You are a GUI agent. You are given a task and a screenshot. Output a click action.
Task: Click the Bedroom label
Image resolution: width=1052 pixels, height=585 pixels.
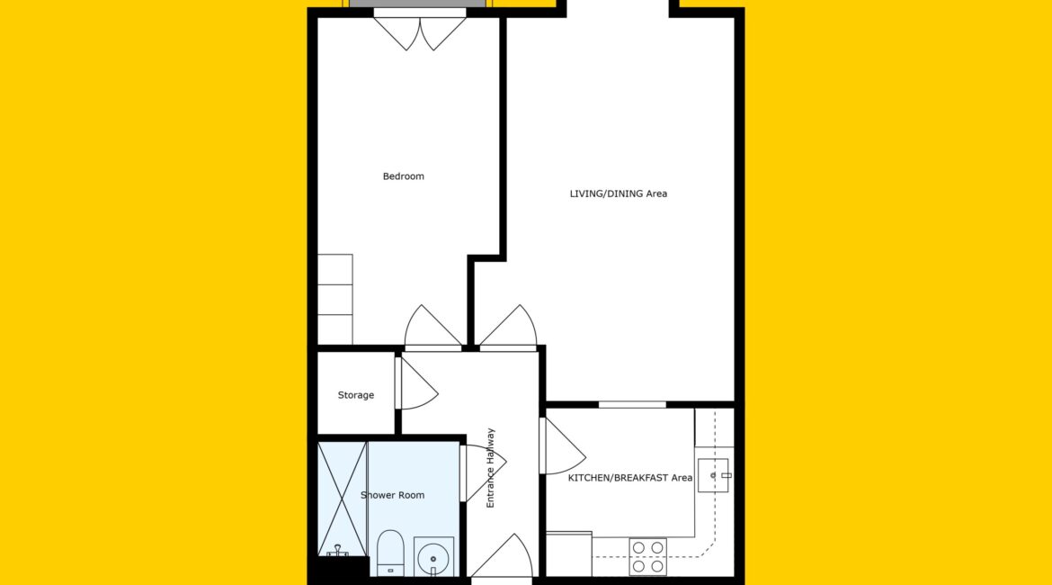pos(403,176)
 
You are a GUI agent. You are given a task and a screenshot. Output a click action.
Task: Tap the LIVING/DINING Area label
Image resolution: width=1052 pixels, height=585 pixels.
pos(618,194)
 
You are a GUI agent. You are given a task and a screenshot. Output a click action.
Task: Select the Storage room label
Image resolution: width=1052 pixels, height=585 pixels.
pos(355,396)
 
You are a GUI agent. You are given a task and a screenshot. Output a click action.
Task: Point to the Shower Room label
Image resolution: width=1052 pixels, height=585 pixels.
pos(393,495)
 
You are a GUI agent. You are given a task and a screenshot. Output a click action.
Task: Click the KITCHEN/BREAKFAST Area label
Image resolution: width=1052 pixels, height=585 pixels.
pos(630,478)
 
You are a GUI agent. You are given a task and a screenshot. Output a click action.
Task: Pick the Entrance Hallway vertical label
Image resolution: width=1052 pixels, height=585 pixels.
pos(490,467)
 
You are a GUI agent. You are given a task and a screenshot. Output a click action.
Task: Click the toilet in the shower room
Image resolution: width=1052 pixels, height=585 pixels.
pos(390,553)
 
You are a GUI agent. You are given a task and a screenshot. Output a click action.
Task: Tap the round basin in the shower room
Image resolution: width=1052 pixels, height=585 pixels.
pos(433,557)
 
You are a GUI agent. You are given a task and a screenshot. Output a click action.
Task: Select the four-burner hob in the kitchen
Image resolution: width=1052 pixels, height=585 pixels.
pos(647,557)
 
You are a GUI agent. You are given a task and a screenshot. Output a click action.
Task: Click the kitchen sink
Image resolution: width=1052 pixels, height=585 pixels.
pos(713,475)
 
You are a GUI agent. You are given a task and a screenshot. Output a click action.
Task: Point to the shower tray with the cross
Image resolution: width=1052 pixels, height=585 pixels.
pos(343,498)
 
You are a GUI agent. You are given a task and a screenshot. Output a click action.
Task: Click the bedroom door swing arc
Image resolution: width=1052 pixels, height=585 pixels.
pos(432,328)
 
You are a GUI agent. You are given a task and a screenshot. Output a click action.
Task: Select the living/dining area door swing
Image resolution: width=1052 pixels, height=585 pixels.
pos(509,328)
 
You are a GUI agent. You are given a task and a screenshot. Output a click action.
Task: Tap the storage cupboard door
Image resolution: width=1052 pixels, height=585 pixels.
pos(416,383)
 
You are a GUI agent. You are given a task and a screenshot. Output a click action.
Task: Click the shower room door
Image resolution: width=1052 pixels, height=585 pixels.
pos(483,473)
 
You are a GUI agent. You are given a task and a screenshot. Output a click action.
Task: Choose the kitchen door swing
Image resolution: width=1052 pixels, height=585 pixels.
pos(563,446)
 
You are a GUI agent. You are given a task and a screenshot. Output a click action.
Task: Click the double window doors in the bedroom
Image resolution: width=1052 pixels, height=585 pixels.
pos(420,31)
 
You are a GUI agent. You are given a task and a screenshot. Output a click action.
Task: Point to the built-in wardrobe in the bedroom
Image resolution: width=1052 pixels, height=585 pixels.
pos(334,300)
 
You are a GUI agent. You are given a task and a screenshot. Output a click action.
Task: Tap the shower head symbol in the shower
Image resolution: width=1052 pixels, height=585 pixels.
pos(337,551)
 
